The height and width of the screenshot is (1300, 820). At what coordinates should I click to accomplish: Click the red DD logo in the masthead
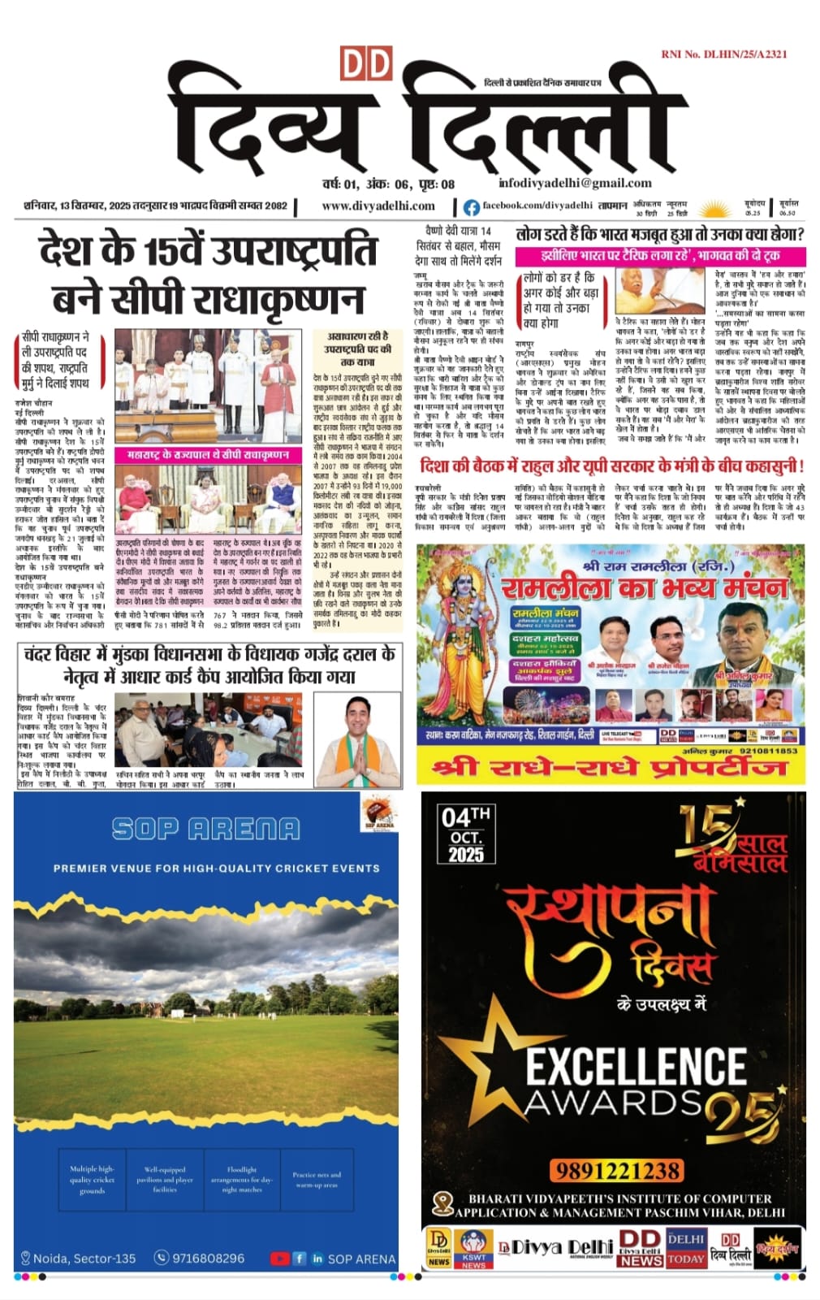[x=365, y=64]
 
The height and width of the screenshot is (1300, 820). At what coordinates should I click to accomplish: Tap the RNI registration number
[x=723, y=54]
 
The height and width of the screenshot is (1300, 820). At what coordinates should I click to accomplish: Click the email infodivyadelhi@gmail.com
[x=575, y=183]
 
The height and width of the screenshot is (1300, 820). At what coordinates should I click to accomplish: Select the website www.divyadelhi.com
[x=378, y=206]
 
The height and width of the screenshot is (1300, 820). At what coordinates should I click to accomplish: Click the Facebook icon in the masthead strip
[x=471, y=207]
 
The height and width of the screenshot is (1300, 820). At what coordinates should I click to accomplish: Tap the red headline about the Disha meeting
[x=611, y=466]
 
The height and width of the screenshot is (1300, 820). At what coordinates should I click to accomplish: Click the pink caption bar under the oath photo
[x=208, y=455]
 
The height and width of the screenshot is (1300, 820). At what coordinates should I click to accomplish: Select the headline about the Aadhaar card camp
[x=209, y=665]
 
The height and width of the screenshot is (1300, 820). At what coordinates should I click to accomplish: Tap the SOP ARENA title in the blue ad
[x=206, y=829]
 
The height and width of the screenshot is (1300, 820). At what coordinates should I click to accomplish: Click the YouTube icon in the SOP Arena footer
[x=279, y=1258]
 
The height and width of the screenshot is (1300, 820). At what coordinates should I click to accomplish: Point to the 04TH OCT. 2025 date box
[x=465, y=834]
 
